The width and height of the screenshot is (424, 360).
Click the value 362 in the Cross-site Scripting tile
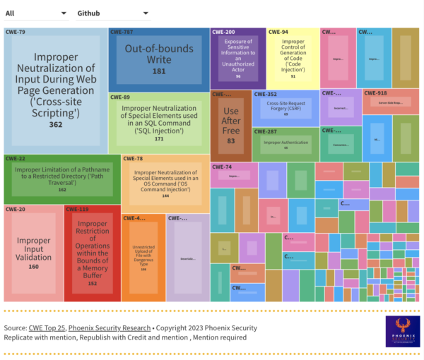point(55,125)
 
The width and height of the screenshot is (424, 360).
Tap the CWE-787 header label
point(123,32)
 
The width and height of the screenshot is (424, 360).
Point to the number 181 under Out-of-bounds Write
point(158,71)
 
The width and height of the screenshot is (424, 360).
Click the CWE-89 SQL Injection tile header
point(122,97)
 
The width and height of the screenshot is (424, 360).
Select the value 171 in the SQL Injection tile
point(158,138)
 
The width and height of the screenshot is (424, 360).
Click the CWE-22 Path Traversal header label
point(16,158)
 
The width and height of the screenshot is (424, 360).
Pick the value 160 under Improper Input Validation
point(33,267)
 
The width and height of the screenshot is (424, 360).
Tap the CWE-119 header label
point(78,209)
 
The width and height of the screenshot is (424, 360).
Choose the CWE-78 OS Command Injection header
point(134,159)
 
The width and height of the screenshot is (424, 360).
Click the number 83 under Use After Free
point(230,141)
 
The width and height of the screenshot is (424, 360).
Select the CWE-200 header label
point(225,32)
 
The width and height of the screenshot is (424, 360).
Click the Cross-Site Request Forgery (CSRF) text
point(285,104)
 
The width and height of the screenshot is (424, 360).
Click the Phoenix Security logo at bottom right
point(402,330)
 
